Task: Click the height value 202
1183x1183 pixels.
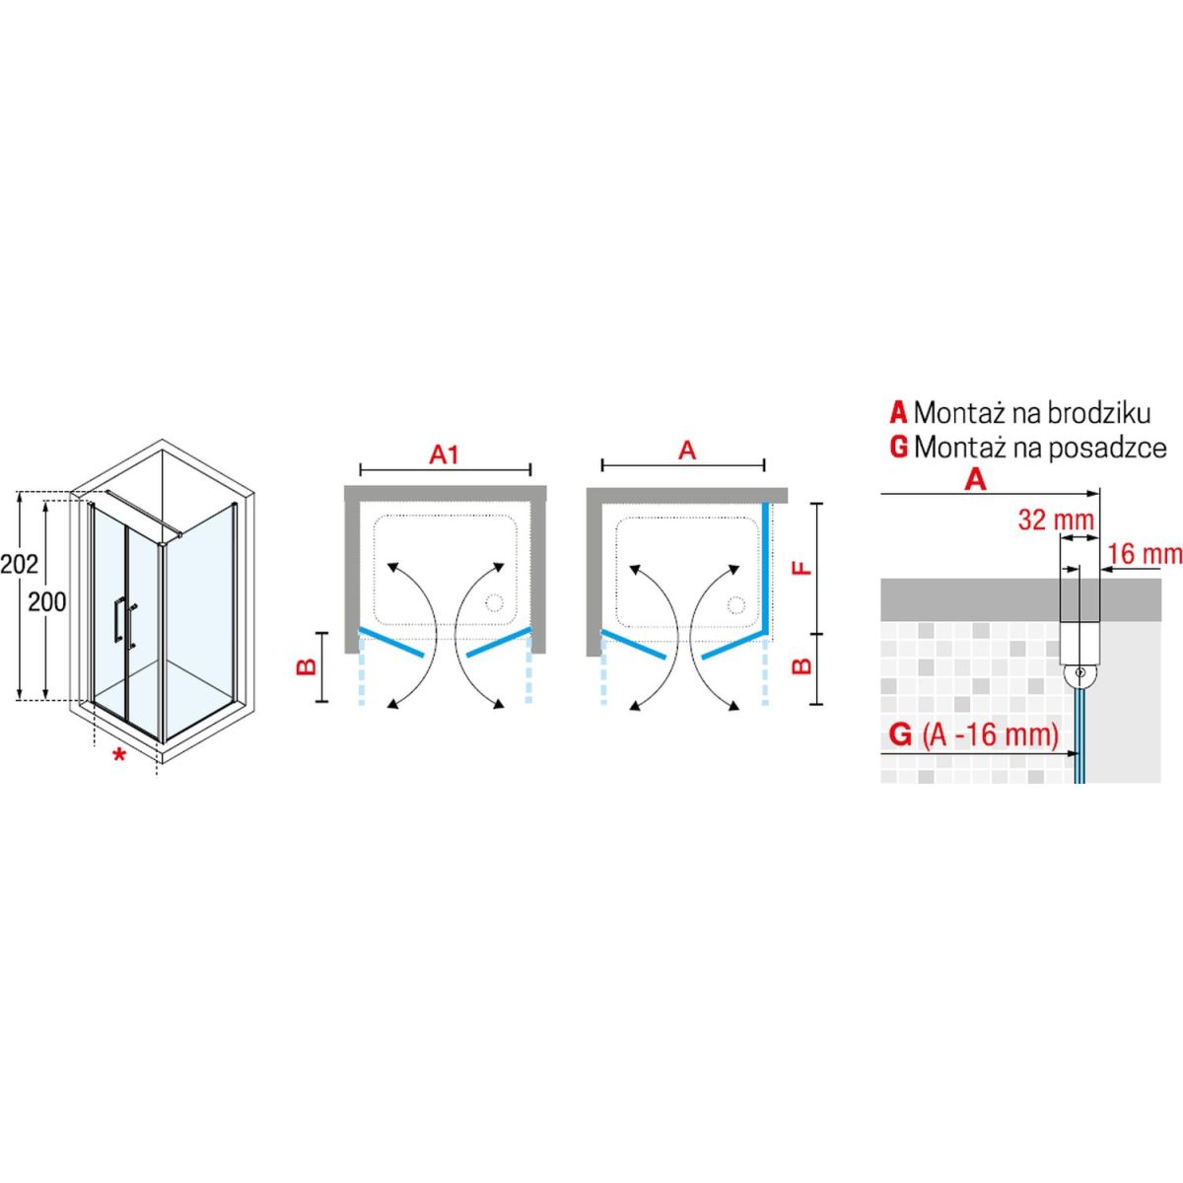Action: point(20,565)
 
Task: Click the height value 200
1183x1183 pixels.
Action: point(47,602)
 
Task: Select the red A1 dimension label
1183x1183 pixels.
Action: point(445,454)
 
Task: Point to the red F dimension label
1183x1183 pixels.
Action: point(801,566)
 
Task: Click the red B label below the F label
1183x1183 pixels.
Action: point(801,666)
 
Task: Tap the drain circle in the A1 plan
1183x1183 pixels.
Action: point(494,603)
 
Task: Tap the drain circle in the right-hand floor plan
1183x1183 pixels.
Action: point(735,604)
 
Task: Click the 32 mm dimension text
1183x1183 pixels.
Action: point(1056,520)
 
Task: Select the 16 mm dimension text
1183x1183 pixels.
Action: point(1145,554)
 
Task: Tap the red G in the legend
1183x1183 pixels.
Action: point(898,448)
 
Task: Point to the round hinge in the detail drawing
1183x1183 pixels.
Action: point(1079,673)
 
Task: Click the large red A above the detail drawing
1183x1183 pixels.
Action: point(976,479)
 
